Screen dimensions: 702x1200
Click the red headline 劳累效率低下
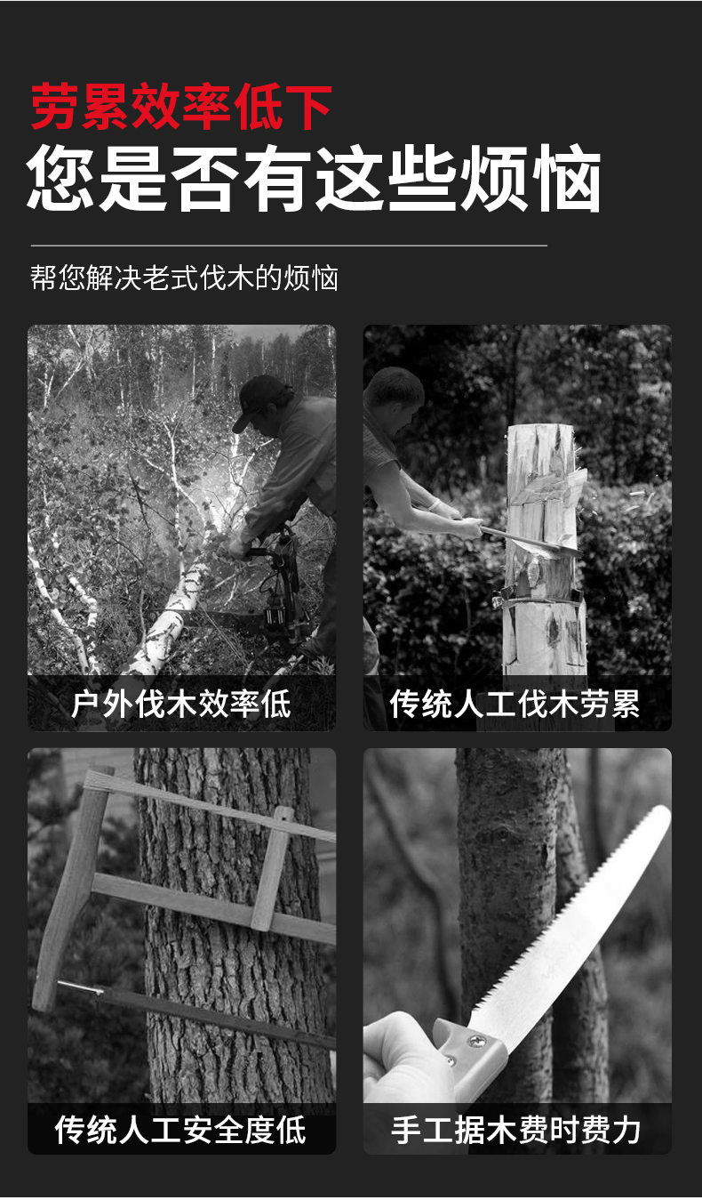181,107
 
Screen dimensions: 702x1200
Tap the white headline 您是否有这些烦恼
315,178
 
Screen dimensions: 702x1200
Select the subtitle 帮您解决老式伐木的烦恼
184,278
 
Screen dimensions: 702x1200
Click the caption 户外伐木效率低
181,704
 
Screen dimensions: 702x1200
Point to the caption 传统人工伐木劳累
515,704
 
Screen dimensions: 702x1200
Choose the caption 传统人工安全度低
181,1130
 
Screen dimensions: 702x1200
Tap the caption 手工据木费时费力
515,1130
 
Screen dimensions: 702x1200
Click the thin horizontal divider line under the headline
289,246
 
